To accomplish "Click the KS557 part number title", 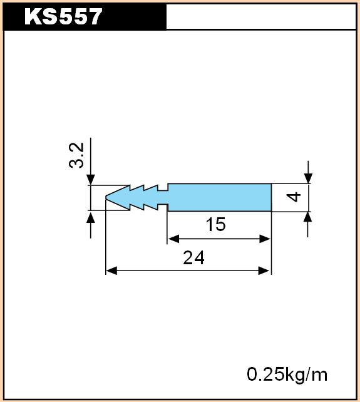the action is [63, 16].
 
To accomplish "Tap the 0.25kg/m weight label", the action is [287, 375].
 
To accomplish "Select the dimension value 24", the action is [193, 257].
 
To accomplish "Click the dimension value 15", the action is [215, 224].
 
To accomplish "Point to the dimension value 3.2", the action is [76, 155].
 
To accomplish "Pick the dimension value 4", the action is [294, 197].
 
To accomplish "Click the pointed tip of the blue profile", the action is [106, 197].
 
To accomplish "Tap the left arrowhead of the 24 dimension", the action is [111, 271].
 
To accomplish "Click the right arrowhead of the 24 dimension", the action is [264, 271].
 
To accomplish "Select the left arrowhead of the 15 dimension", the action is [173, 239].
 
